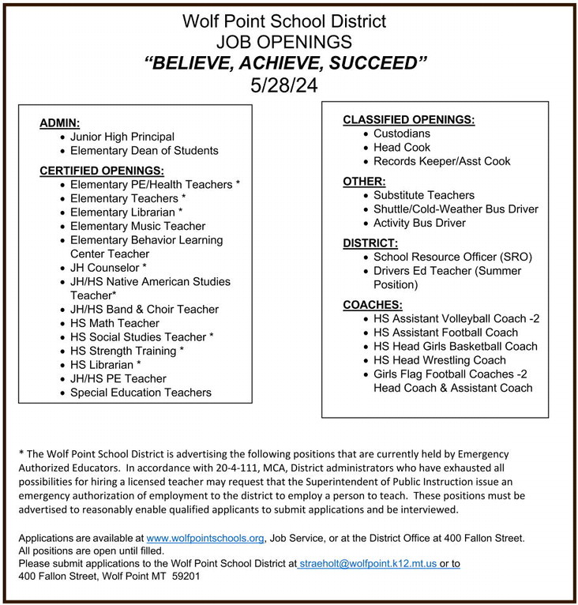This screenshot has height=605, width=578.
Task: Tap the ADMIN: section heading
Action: [x=60, y=122]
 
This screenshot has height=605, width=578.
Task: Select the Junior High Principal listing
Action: [x=122, y=137]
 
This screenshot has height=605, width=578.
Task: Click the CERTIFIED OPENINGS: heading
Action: [x=102, y=170]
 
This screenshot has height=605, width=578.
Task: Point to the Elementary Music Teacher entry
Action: [x=137, y=226]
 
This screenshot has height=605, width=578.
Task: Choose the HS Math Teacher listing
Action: [x=114, y=323]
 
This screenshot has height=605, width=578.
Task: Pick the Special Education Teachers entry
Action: [x=141, y=393]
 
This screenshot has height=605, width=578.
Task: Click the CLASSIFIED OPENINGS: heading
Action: [x=408, y=119]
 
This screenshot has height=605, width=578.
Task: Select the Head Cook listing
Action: [x=402, y=148]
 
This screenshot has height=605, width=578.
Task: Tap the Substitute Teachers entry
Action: [x=424, y=195]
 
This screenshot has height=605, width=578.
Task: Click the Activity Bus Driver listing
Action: [x=419, y=223]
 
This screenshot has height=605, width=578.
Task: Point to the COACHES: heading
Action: [x=373, y=304]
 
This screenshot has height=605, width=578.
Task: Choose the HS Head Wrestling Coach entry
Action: [x=440, y=360]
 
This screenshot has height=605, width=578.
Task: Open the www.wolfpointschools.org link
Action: [x=205, y=538]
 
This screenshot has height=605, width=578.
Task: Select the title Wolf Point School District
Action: [x=284, y=21]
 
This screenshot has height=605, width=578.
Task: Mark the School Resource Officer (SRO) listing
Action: [x=453, y=257]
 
